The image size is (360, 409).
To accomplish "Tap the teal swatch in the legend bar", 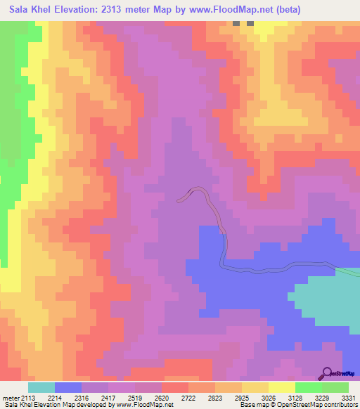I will (41, 387).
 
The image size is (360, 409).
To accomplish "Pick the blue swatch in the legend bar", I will (68, 387).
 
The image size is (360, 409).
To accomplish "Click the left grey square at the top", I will (237, 23).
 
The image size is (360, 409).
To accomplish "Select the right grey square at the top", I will (250, 23).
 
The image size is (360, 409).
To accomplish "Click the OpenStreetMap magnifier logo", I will (326, 375).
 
